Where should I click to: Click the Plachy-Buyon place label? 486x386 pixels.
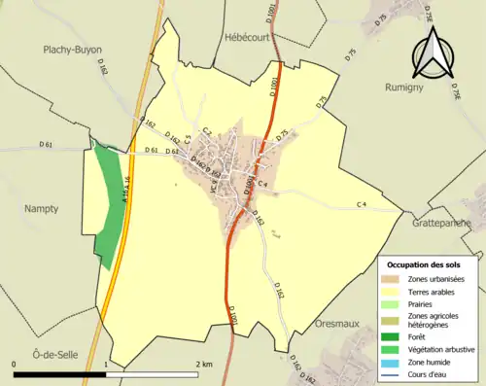(x=72, y=50)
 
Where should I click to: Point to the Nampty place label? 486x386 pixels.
(x=42, y=208)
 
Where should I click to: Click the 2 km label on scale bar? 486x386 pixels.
(x=203, y=363)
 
